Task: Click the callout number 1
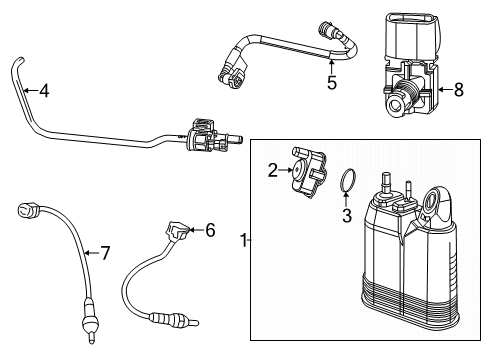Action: [245, 240]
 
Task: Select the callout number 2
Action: [272, 170]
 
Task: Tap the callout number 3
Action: [346, 215]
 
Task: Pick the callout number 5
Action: [332, 83]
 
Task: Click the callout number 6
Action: [209, 230]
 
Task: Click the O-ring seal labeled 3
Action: [346, 183]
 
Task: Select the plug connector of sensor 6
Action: [181, 232]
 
